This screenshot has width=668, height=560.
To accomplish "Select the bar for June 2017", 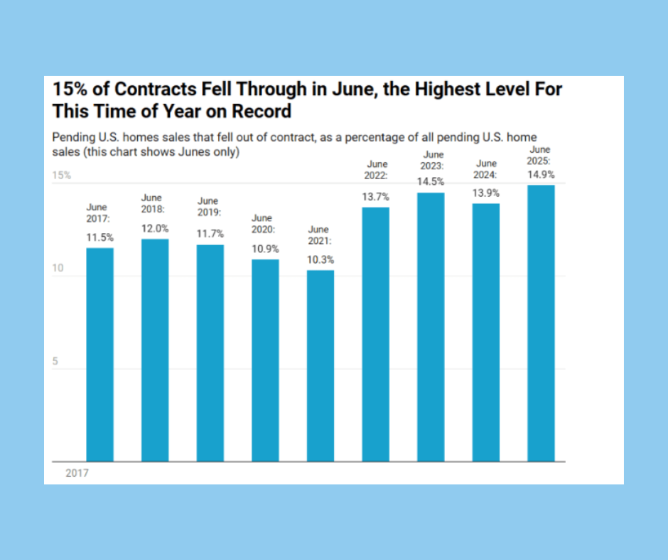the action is (x=100, y=355).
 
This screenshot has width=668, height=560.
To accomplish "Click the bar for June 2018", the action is (x=155, y=350).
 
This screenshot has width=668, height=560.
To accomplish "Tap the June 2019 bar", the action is (x=210, y=353).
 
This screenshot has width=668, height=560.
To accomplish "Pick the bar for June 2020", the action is (x=265, y=360).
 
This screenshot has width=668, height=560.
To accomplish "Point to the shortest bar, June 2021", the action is (x=320, y=366).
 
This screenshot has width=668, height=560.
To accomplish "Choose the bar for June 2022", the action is (x=376, y=335).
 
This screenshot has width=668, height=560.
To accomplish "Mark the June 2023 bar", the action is (x=431, y=328).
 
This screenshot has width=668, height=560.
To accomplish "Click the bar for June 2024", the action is (x=486, y=333).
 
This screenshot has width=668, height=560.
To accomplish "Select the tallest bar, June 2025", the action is (x=541, y=323).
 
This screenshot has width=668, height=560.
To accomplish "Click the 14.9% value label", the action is (x=541, y=175).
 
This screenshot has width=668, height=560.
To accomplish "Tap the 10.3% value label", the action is (x=320, y=260).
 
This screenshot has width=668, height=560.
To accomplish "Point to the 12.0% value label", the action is (x=155, y=229).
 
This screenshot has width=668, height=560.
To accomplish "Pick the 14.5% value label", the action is (x=431, y=182).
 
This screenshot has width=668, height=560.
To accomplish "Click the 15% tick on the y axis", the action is (x=62, y=176).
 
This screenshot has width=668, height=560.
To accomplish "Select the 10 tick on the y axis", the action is (x=58, y=268).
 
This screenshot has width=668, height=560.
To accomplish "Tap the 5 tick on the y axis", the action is (x=55, y=362).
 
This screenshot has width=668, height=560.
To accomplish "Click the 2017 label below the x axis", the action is (x=77, y=473).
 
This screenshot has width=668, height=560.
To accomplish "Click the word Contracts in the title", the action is (x=156, y=90).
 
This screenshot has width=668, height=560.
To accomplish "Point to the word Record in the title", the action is (x=262, y=112).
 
